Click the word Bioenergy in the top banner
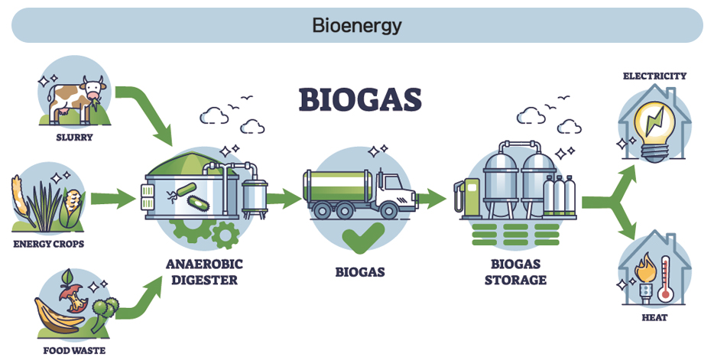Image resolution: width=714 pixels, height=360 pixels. coord(356,25)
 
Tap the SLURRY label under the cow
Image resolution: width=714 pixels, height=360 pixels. coord(74,137)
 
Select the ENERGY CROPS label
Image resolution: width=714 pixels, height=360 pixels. coord(49,244)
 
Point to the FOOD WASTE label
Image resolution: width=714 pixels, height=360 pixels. coord(74,350)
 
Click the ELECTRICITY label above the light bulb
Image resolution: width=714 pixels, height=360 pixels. coord(655,76)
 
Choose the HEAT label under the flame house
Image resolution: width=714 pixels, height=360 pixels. coord(655,318)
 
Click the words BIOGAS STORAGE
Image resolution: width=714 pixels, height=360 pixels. coord(515,271)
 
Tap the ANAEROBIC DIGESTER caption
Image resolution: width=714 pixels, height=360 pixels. coord(204,271)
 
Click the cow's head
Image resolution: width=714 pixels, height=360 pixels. coord(93,89)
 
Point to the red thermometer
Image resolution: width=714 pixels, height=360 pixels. coord(665,278)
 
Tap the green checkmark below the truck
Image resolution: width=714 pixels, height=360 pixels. coord(363,238)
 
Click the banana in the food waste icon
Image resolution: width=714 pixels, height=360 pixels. coord(57,317)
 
